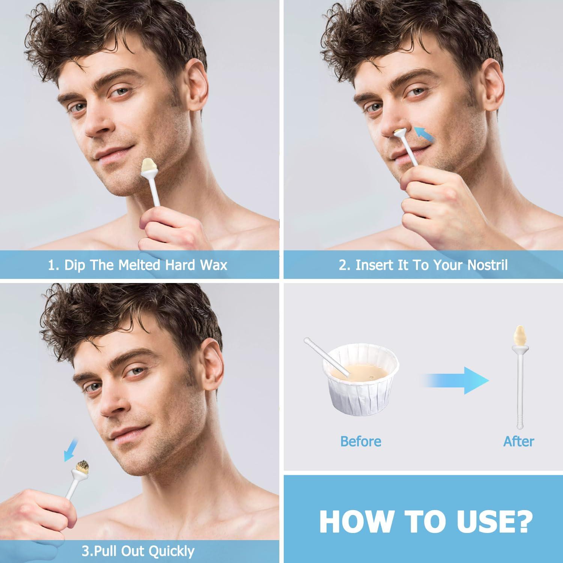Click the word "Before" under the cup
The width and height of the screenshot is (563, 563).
coord(361,441)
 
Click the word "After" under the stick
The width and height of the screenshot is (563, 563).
coord(518,441)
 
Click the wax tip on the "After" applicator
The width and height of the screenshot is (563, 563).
coord(519,337)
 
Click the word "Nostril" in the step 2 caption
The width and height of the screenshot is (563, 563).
coord(488,265)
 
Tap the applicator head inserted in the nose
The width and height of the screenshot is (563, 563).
coord(400,132)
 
